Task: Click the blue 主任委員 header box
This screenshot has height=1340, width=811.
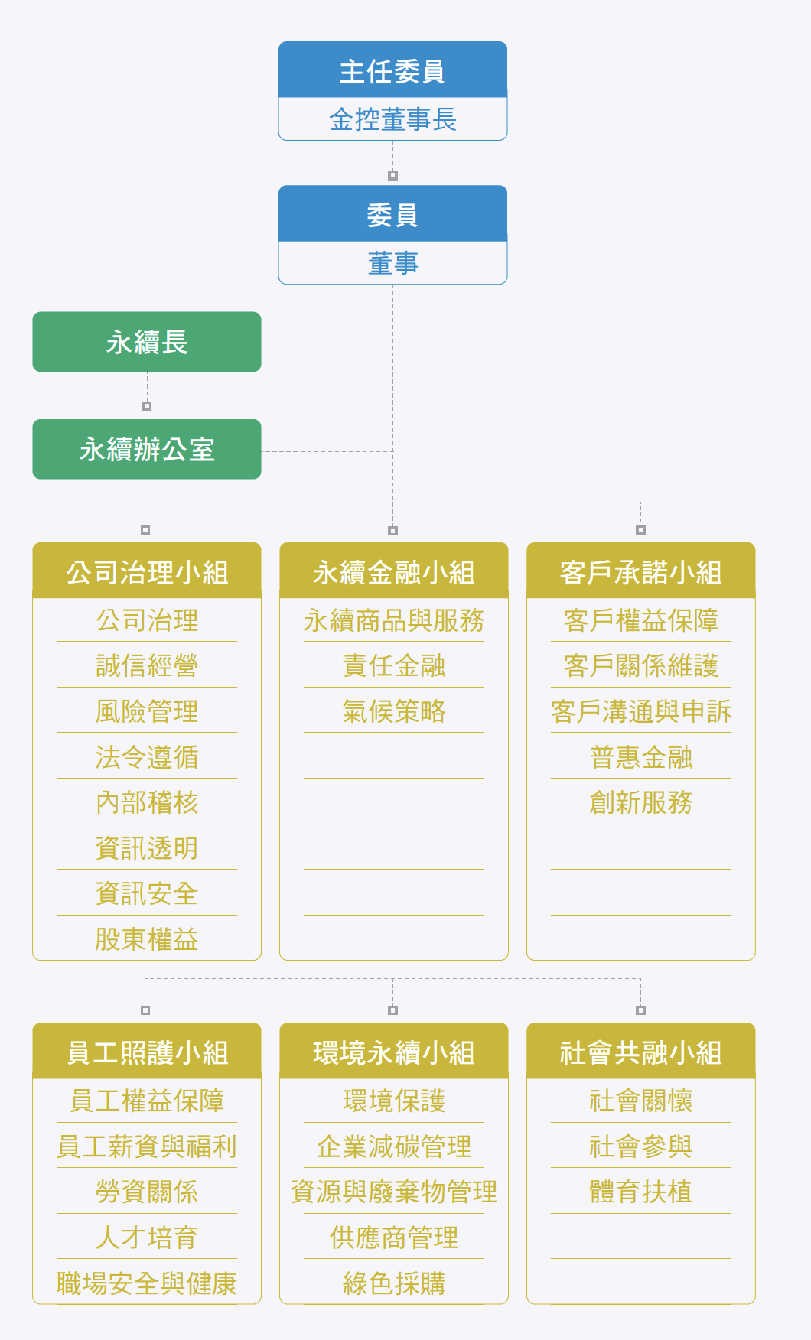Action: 392,70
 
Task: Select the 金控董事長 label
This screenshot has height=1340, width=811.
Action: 392,119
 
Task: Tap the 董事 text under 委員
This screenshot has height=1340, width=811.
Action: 392,263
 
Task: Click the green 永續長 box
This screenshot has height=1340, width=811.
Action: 147,342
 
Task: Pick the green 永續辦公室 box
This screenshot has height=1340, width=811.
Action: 147,449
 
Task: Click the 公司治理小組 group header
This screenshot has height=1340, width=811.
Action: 147,571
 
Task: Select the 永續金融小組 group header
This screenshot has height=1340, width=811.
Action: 394,571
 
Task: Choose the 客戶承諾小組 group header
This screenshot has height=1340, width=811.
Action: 641,571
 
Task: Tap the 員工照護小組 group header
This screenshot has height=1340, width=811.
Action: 147,1051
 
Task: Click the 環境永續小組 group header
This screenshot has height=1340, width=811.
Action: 394,1051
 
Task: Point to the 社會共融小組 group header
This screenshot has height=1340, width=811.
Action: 641,1051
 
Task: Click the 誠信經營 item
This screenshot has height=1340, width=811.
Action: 147,665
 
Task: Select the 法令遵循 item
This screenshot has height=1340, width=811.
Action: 147,757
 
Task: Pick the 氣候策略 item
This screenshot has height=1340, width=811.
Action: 394,711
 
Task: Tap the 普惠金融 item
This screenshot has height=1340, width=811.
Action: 641,757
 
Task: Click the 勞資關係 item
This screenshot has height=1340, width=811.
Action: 147,1192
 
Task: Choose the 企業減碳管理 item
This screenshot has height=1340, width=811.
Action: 394,1146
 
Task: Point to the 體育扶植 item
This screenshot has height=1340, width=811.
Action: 641,1192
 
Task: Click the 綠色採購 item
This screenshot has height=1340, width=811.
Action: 394,1283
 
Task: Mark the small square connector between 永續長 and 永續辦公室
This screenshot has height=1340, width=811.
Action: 147,406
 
